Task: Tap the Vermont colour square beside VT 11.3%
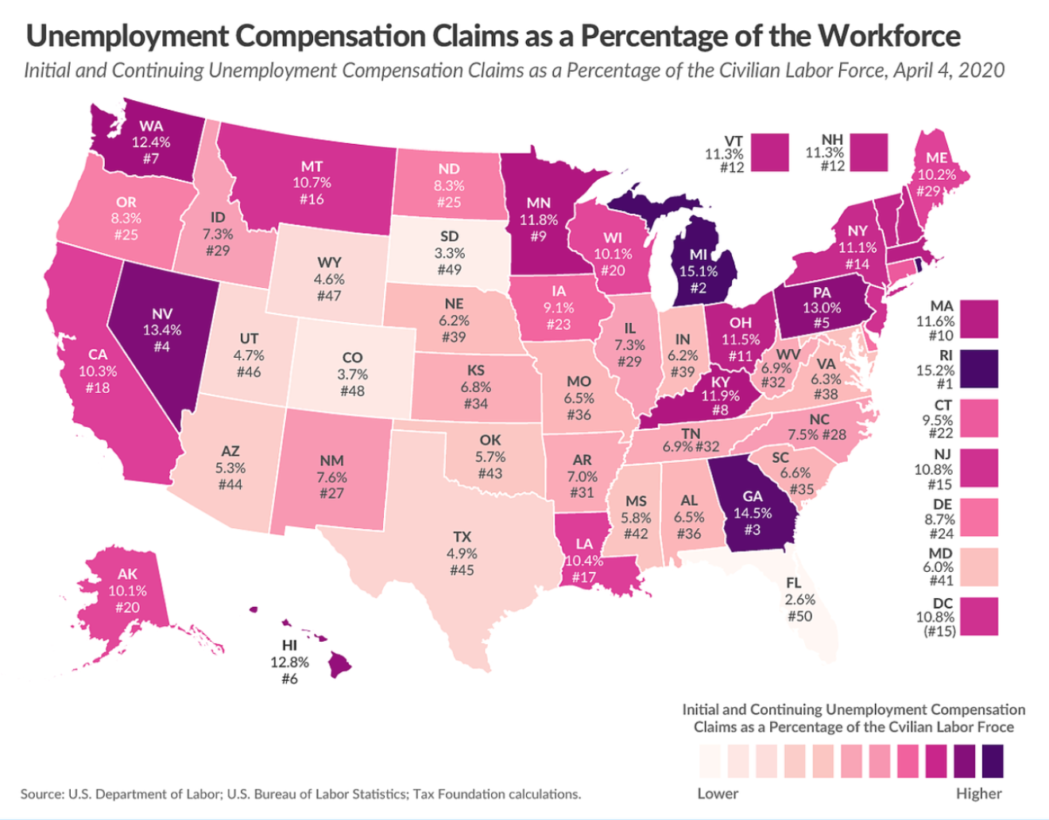coord(769,152)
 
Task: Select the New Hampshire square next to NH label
coord(869,152)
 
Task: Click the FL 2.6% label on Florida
coord(799,600)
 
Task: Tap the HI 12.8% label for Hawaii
coord(289,662)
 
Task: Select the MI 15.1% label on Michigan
coord(697,270)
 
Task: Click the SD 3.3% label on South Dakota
coord(449,253)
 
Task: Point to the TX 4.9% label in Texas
coord(462,554)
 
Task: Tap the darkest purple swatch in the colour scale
coord(993,760)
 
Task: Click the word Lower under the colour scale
coord(718,794)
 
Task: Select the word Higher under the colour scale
coord(978,794)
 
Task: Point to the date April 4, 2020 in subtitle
coord(948,70)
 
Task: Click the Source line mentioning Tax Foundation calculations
coord(300,794)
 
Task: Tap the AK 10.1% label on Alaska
coord(127,590)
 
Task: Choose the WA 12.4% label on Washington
coord(151,142)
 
